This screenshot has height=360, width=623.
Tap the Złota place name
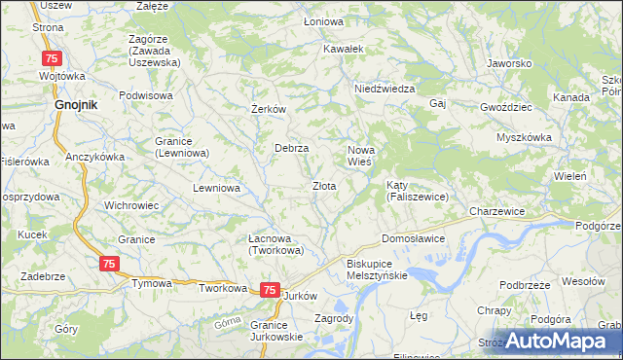[324, 186]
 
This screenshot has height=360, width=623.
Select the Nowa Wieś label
[361, 155]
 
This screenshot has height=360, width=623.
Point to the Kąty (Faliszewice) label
[417, 191]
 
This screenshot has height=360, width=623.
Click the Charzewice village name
[496, 211]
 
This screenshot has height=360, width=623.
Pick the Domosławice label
[413, 238]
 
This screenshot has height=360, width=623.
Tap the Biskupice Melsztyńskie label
[377, 269]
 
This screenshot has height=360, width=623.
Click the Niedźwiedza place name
[385, 89]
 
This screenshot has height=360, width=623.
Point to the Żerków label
[268, 109]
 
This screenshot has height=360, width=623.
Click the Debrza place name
[291, 148]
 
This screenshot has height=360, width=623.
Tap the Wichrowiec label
[131, 206]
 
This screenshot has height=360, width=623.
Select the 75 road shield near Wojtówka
[53, 58]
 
